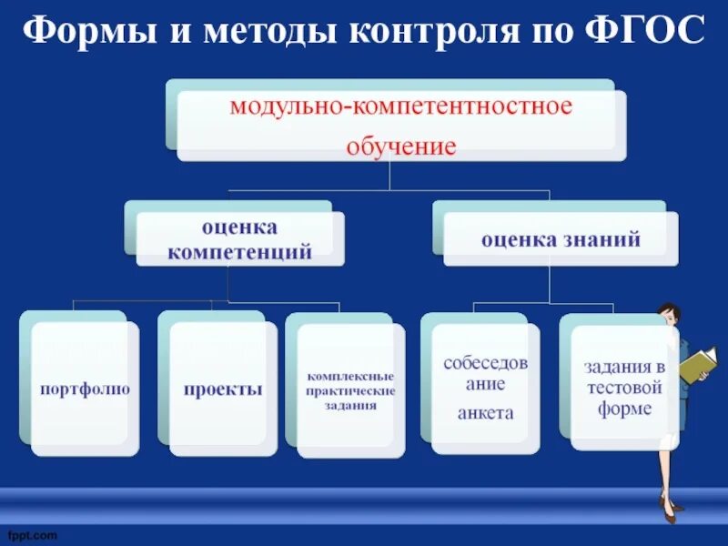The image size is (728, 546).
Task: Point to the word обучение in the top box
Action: tap(400, 146)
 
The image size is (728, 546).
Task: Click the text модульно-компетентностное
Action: tap(400, 107)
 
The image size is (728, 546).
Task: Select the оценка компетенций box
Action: tap(239, 239)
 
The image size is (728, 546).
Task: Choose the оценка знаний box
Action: tap(561, 240)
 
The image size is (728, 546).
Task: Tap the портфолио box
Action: tap(85, 389)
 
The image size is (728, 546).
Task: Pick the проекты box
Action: tap(223, 389)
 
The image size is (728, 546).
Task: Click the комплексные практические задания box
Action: tap(350, 389)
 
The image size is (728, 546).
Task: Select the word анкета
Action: tap(485, 413)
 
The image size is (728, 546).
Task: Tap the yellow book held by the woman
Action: tap(698, 364)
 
